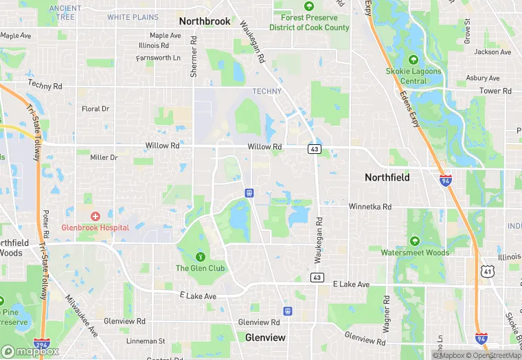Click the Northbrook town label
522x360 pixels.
[205, 21]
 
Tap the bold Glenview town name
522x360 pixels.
[265, 337]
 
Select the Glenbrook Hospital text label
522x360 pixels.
[95, 227]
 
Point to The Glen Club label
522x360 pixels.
[201, 268]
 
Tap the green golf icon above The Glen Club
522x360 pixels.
[201, 256]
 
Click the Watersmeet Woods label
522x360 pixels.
[415, 252]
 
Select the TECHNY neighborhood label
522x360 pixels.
[267, 91]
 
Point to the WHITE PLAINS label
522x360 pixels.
[133, 17]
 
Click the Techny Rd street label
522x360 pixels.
[45, 85]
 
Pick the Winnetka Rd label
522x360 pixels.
[370, 206]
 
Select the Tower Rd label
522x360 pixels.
[495, 91]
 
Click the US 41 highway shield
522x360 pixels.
[488, 253]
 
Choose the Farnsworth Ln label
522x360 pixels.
[158, 58]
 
